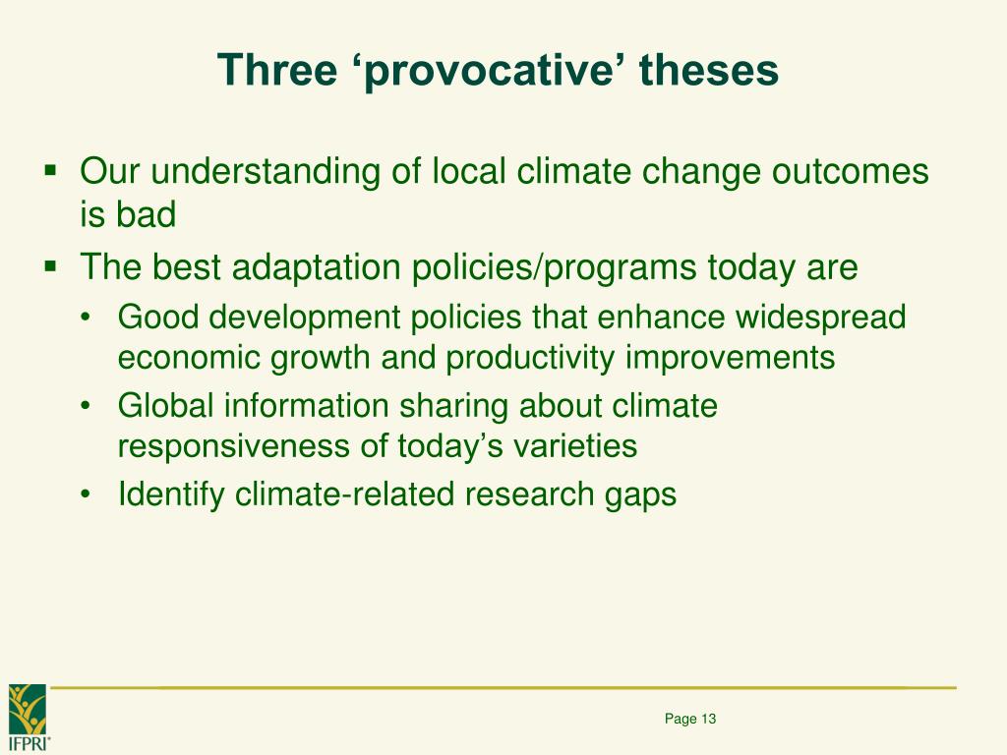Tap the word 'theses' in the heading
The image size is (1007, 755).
(x=709, y=70)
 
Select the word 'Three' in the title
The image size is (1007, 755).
(x=277, y=70)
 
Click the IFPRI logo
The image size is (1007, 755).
(x=29, y=717)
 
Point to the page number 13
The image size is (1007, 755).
(x=708, y=719)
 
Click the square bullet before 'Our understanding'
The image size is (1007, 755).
(x=50, y=171)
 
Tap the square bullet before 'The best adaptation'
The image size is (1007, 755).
(x=50, y=265)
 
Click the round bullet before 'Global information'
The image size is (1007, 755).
(x=86, y=406)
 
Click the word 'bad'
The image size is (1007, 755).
(x=146, y=214)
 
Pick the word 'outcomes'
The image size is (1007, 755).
(x=851, y=171)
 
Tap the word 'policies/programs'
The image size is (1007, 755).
(x=554, y=267)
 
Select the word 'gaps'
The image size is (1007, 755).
(x=640, y=495)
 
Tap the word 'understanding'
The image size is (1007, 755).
(x=266, y=173)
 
